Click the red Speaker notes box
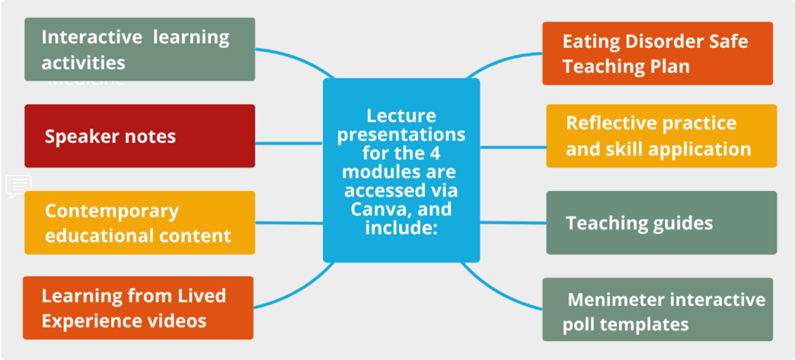click(x=139, y=136)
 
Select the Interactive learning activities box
click(x=139, y=49)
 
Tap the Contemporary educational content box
click(x=139, y=222)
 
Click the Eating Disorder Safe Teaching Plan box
click(x=657, y=53)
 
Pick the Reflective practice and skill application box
click(x=661, y=136)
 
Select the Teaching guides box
click(x=661, y=223)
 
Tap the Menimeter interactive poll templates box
click(x=657, y=310)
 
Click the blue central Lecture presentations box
click(x=401, y=170)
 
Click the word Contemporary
click(x=111, y=211)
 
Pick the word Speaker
click(x=80, y=137)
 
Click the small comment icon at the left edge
click(x=18, y=186)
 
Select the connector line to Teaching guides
click(x=513, y=223)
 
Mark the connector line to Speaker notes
click(x=289, y=142)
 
